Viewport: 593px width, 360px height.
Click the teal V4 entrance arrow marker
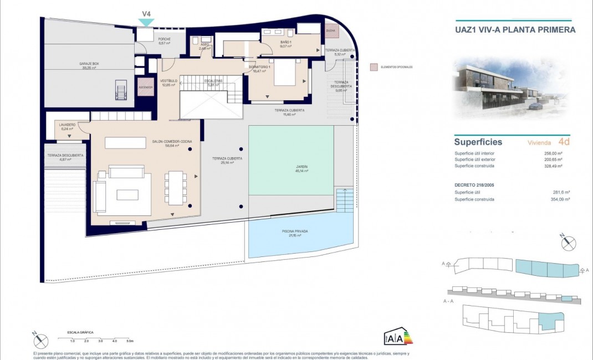click(146, 22)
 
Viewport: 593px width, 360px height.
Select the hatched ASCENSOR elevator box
click(146, 88)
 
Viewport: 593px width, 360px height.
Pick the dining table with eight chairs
click(176, 187)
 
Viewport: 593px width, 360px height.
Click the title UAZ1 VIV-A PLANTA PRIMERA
click(514, 30)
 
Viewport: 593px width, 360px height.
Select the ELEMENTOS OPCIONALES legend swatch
click(373, 67)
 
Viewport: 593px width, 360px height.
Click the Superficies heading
click(478, 142)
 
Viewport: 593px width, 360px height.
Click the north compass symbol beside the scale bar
click(41, 341)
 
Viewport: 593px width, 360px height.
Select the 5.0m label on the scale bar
click(129, 341)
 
